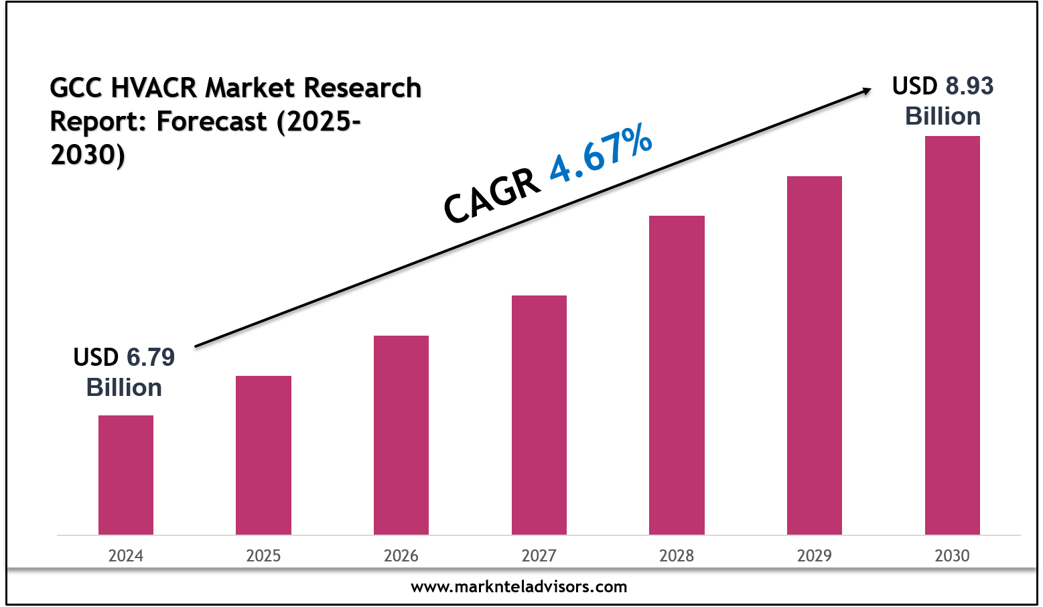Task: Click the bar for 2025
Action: click(x=263, y=455)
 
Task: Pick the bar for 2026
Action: click(x=401, y=435)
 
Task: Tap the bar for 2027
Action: click(x=539, y=415)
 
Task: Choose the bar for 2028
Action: click(x=677, y=375)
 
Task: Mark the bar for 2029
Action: click(x=815, y=355)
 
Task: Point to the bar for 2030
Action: click(x=953, y=335)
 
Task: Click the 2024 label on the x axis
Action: click(x=126, y=555)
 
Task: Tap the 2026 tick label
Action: click(x=401, y=555)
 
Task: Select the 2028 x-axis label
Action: click(x=677, y=555)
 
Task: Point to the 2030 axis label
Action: click(x=953, y=555)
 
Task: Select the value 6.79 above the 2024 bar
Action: click(x=151, y=358)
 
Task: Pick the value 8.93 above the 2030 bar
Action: click(x=969, y=86)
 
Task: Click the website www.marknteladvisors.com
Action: click(x=519, y=587)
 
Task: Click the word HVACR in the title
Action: click(x=155, y=88)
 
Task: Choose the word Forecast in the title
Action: click(x=212, y=121)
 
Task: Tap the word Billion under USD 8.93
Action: click(x=943, y=117)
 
